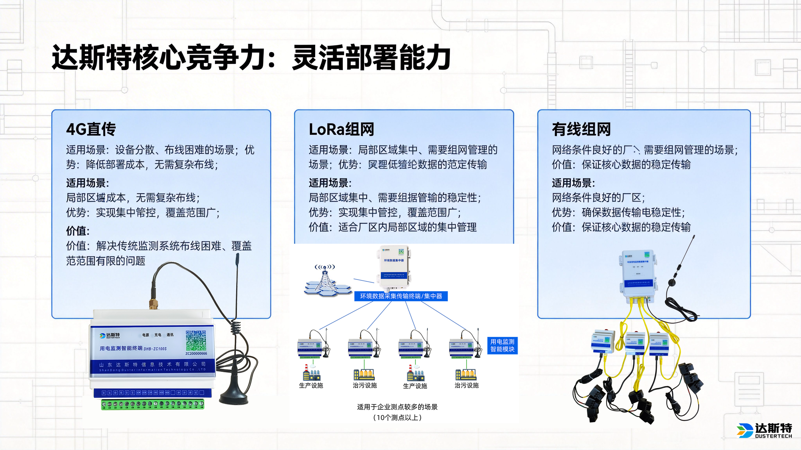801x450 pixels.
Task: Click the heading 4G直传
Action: click(91, 129)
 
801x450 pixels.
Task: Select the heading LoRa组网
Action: click(341, 129)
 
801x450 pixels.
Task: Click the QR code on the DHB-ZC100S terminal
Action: click(196, 340)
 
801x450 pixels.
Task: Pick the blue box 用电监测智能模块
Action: click(502, 345)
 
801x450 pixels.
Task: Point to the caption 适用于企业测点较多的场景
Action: click(397, 407)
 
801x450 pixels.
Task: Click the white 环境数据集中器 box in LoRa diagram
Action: click(394, 266)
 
